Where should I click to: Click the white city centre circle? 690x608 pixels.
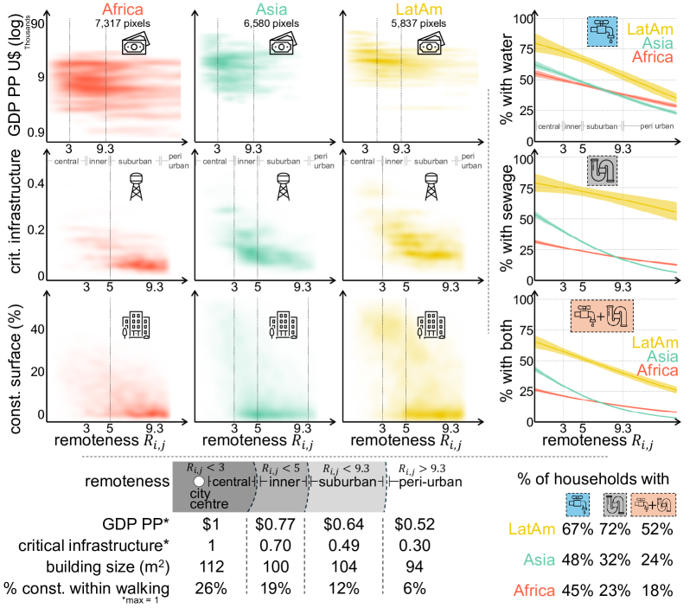(x=199, y=480)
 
